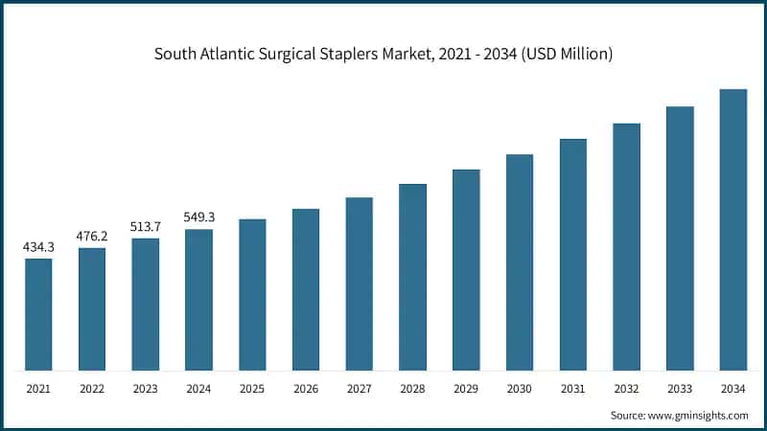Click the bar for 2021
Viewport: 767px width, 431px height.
pos(38,314)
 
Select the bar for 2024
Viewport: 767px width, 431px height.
pos(198,300)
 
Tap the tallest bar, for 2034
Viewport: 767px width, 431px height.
pos(733,230)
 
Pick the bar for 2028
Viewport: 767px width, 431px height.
pos(412,277)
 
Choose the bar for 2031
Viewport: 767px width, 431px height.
pos(573,255)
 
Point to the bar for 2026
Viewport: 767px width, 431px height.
pos(306,289)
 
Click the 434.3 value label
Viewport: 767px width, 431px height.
pos(38,247)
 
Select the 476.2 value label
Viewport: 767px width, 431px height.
pos(92,237)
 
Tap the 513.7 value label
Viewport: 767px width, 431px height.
pos(146,227)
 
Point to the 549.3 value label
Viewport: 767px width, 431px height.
pos(198,217)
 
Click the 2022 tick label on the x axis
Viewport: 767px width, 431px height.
pos(92,389)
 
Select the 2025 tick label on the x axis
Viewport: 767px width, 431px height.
pos(252,389)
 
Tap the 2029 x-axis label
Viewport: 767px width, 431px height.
pos(466,389)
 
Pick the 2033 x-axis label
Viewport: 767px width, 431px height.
pos(680,389)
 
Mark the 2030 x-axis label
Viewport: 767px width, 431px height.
pos(520,389)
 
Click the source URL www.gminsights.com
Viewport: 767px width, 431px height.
pos(699,415)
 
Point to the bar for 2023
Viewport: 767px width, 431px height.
pos(146,305)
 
